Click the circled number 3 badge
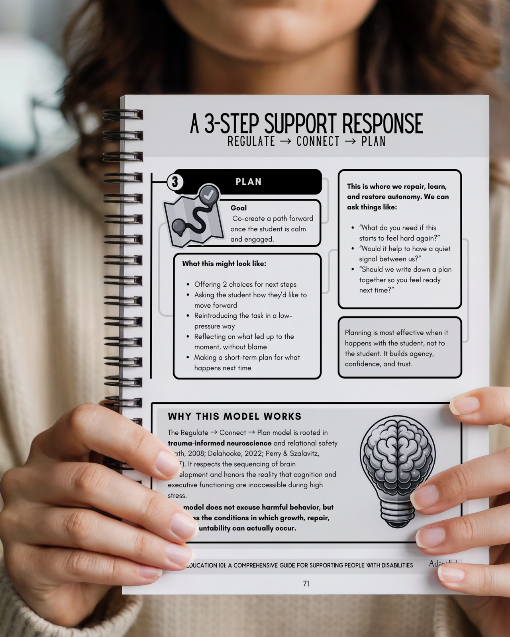(x=175, y=182)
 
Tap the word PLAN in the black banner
(x=248, y=182)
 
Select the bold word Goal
(x=238, y=208)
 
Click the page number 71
(x=306, y=584)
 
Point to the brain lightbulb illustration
(x=397, y=462)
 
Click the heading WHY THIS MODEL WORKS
(x=235, y=416)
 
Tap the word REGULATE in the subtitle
(x=251, y=141)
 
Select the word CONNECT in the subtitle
(x=318, y=141)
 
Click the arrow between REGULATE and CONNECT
(x=286, y=141)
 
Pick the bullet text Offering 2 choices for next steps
(x=245, y=284)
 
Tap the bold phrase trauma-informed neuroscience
(x=220, y=443)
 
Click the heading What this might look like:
(x=224, y=264)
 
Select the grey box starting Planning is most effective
(x=399, y=348)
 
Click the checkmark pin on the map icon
(x=210, y=195)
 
